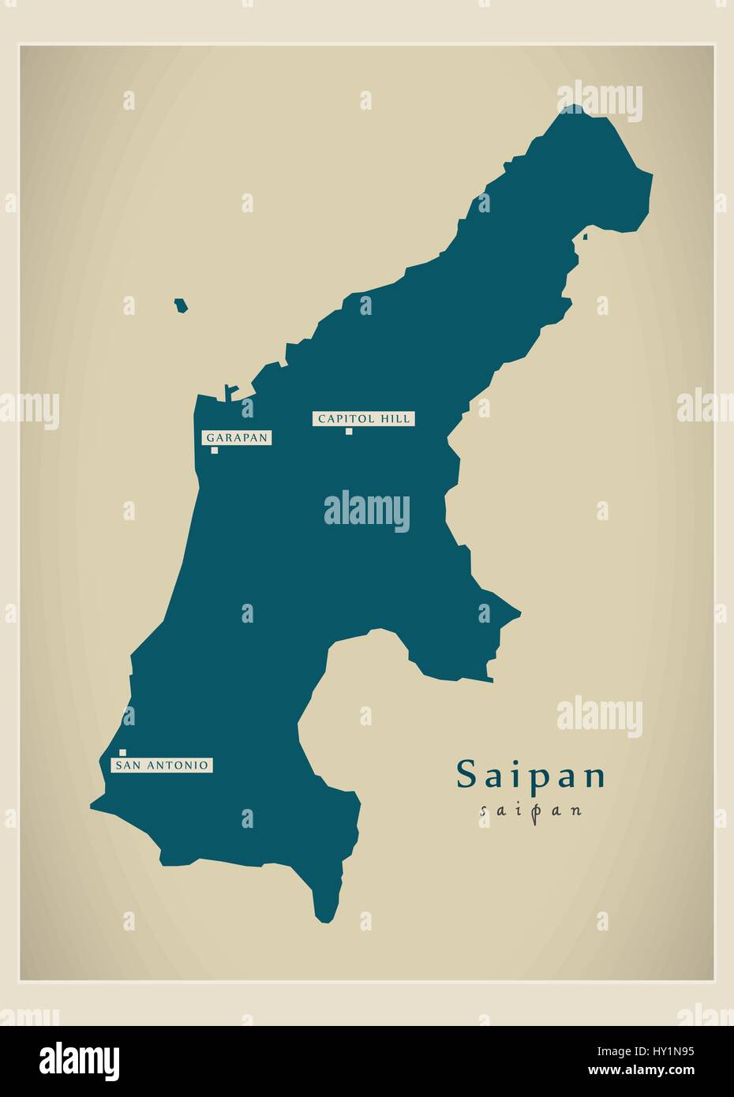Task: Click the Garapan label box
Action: point(238,438)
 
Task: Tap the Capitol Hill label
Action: point(364,419)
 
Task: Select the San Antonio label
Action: point(162,765)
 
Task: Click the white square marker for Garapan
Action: point(215,451)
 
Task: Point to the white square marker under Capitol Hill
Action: point(348,431)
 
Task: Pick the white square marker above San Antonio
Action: point(123,753)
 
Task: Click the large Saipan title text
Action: point(530,775)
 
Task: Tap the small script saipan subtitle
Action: point(530,810)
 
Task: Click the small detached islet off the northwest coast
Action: point(181,305)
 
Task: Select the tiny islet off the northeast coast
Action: point(585,236)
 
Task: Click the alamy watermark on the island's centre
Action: point(366,511)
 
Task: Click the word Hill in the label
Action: point(395,419)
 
